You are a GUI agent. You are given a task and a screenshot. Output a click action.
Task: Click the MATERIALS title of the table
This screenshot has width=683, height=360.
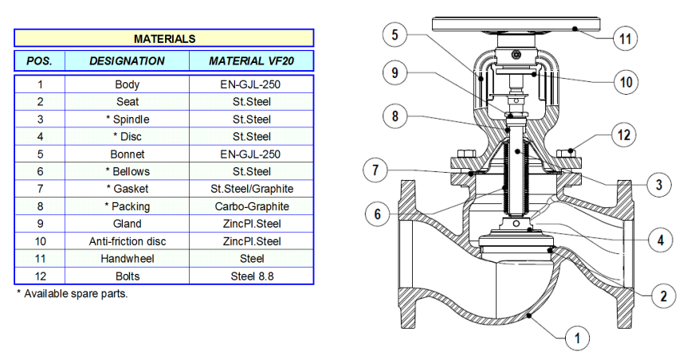coord(164,38)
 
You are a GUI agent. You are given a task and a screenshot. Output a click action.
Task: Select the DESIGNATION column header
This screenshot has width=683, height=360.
coord(127,61)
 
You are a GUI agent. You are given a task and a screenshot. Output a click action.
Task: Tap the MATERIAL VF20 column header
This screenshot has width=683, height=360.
coord(252,61)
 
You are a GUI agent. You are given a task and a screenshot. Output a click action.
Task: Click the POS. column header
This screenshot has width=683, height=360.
coord(39,61)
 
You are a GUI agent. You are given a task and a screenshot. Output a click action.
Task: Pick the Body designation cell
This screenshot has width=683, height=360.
coord(127,84)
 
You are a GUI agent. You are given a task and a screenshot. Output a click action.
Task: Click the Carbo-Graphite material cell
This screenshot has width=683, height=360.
coord(252,206)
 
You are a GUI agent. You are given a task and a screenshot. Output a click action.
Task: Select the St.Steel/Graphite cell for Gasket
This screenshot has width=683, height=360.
coord(252,189)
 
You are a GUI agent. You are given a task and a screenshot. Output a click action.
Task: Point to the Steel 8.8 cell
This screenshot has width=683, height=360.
coord(252,276)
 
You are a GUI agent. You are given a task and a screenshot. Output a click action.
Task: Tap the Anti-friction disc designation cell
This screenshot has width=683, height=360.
coord(127,241)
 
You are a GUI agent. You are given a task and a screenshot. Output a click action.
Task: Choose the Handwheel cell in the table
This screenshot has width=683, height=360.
coord(127,259)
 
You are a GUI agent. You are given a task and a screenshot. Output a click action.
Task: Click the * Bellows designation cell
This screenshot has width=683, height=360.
coord(127,171)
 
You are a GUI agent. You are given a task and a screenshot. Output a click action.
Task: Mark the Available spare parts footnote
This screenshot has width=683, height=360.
coord(72,294)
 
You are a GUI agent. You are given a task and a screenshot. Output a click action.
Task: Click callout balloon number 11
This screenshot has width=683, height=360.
coord(626,38)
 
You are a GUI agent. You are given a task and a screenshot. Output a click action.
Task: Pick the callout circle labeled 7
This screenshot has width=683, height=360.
coord(375,170)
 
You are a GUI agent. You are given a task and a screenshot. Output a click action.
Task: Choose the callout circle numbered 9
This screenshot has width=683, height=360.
coord(394,73)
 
